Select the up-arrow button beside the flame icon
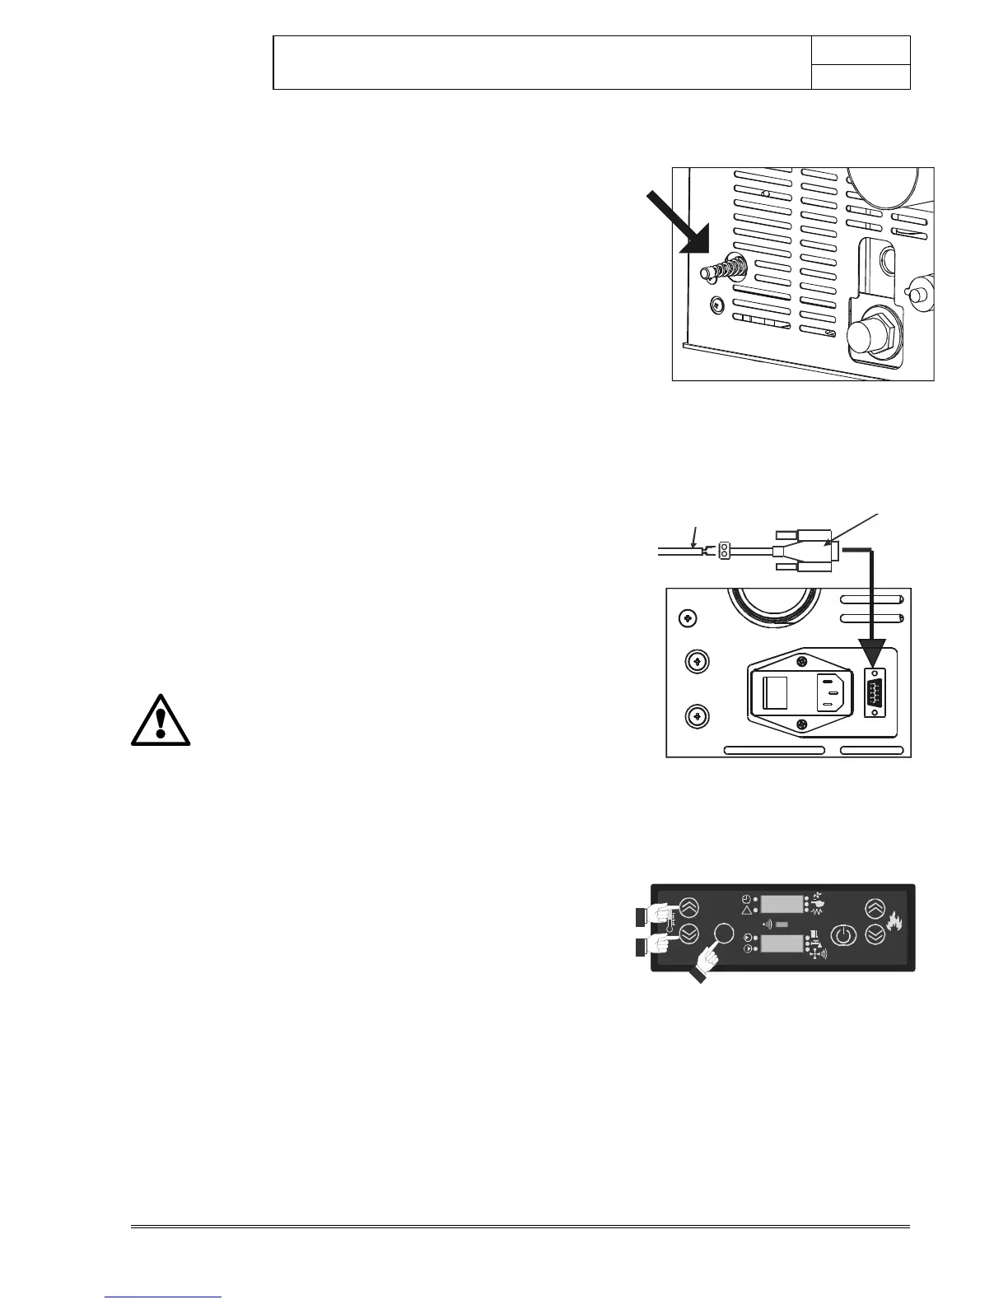pos(875,907)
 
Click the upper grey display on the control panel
pos(781,904)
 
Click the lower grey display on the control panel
pos(781,943)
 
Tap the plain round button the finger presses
pos(724,933)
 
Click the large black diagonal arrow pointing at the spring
pos(679,221)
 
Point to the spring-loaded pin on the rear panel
pos(724,269)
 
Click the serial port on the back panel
pos(873,693)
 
